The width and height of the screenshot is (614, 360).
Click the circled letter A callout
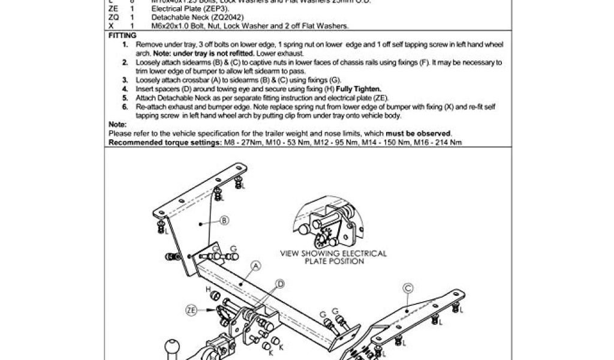pos(256,265)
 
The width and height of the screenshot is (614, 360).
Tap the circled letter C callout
pos(407,288)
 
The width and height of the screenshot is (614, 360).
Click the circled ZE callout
pos(191,310)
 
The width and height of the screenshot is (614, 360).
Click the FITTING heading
pos(122,36)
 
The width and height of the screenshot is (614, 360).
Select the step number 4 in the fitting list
pos(125,88)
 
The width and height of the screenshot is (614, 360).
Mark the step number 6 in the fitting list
pos(125,106)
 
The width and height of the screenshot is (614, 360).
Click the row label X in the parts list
pos(112,26)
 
